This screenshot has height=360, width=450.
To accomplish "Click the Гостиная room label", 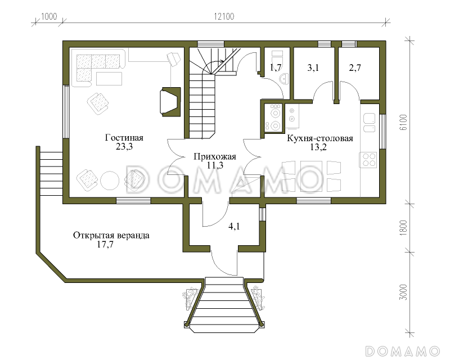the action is (124, 138).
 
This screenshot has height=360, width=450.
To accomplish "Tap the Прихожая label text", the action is (215, 157).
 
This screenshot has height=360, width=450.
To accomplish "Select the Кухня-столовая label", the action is (320, 138).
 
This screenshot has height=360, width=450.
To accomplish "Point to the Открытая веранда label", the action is (111, 236).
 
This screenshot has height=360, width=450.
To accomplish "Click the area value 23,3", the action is (124, 147).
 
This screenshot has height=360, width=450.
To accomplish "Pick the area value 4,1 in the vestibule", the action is (234, 227).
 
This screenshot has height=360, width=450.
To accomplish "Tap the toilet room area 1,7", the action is (275, 67).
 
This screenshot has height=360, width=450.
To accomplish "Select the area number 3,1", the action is (313, 67).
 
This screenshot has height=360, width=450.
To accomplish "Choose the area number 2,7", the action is (355, 67).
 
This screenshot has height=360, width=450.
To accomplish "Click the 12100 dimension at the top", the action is (224, 16).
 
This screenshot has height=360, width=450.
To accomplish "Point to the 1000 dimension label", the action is (49, 16).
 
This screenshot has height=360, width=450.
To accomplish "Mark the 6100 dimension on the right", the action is (403, 122).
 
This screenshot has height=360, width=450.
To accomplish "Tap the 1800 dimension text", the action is (403, 228).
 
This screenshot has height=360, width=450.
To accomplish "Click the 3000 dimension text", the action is (403, 292).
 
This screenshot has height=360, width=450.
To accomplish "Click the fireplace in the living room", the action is (170, 102).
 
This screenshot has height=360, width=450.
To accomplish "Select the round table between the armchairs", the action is (110, 181).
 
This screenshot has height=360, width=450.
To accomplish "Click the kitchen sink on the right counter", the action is (369, 123).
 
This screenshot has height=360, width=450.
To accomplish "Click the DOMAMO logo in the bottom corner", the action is (403, 351).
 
